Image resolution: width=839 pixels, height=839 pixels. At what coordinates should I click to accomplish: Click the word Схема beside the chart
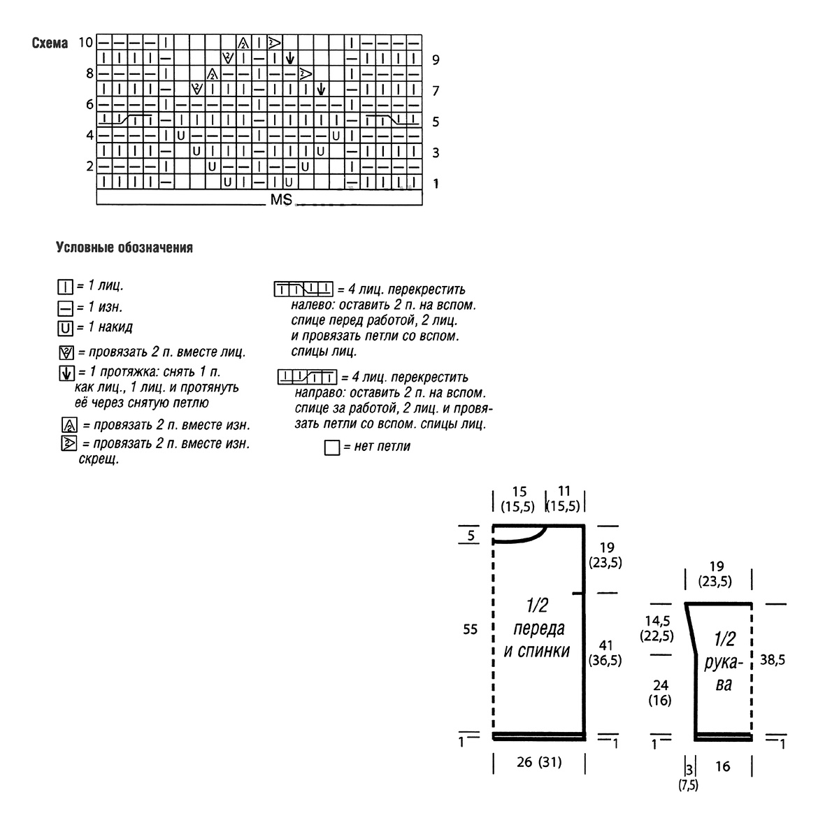tap(50, 43)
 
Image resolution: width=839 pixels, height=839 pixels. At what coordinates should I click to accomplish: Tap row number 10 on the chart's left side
tap(85, 42)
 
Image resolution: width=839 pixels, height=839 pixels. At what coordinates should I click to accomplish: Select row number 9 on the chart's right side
tap(436, 60)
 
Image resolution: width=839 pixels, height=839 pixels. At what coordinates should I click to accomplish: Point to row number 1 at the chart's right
tap(436, 184)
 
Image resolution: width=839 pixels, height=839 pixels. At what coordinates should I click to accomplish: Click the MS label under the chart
tap(281, 201)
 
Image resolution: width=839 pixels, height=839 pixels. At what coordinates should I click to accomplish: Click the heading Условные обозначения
tap(124, 248)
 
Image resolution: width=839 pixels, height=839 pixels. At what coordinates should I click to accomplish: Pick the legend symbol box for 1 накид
tap(66, 328)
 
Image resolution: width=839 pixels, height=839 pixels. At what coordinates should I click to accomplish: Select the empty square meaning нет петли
tap(332, 447)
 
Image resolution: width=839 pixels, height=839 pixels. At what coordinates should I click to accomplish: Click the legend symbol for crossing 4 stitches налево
tap(303, 289)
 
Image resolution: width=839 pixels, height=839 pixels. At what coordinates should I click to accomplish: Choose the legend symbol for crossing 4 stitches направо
tap(307, 378)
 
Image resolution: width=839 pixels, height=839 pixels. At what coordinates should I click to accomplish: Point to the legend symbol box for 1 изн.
tap(66, 307)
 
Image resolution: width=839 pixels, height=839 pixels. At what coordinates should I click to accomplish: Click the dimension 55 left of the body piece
tap(470, 629)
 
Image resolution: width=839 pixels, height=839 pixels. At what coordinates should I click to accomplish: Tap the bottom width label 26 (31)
tap(538, 762)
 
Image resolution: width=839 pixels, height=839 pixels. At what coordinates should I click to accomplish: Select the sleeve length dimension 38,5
tap(772, 659)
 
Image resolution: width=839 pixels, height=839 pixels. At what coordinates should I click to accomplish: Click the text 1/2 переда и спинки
tap(537, 628)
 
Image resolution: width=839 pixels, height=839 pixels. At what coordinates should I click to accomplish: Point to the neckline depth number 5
tap(471, 536)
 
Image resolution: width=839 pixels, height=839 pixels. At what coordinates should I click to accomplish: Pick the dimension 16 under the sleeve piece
tap(723, 767)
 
